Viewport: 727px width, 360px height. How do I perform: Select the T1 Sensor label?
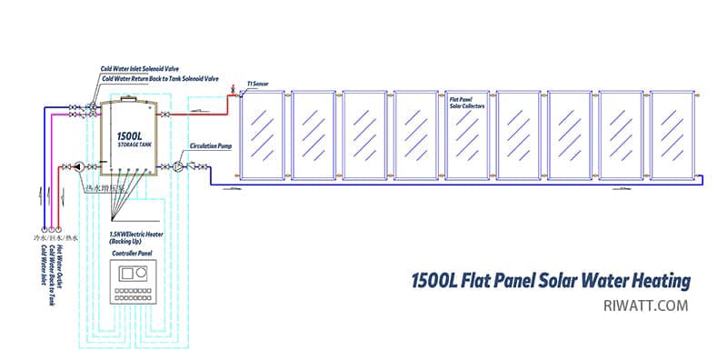click(x=258, y=82)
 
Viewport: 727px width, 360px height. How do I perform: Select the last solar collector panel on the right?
click(x=672, y=134)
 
